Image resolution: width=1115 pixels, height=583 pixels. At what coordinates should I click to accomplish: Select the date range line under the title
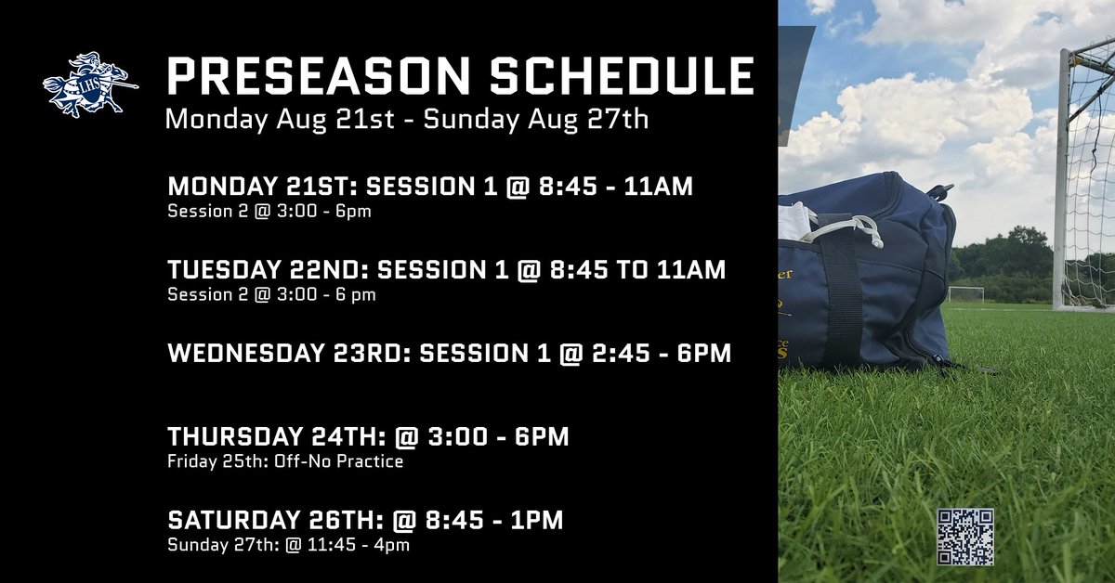point(406,120)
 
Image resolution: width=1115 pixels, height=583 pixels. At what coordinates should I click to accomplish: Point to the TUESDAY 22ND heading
point(261,270)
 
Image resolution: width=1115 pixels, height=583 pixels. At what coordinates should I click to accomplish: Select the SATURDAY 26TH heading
point(269,521)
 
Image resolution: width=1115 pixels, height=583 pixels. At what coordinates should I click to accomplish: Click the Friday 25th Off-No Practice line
point(285,461)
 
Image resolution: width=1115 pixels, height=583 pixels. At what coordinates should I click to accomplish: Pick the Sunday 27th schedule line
point(288,545)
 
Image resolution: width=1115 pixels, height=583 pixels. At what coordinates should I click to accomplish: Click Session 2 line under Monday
point(269,211)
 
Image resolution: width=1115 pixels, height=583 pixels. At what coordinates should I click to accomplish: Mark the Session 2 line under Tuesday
point(271,294)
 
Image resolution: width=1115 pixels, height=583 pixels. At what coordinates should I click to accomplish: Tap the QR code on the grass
point(965,537)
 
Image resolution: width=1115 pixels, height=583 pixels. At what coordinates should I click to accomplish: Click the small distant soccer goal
point(966,293)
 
